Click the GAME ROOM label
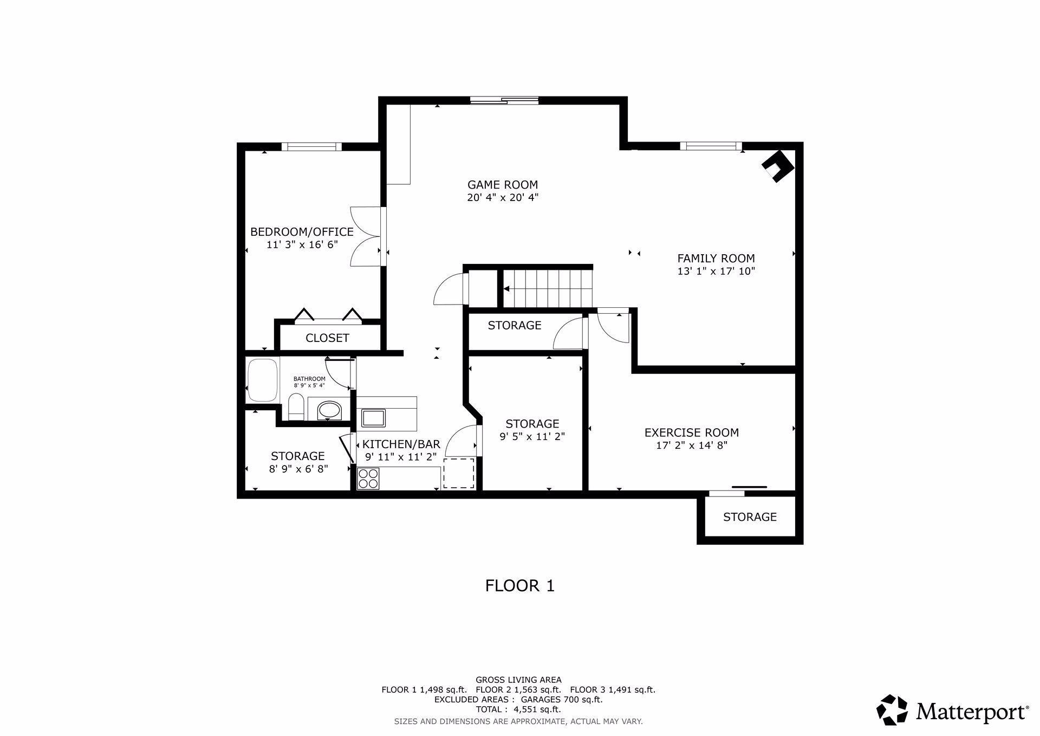[503, 185]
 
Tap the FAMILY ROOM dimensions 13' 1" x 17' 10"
[716, 271]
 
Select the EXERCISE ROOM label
[692, 432]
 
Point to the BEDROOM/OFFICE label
[302, 232]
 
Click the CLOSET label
[327, 338]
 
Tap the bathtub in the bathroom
[262, 380]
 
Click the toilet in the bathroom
[296, 408]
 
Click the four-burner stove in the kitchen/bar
[368, 479]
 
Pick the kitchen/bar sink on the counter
[374, 418]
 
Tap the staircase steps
[548, 289]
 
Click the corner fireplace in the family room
[778, 166]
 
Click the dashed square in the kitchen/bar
[459, 473]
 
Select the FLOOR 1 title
[520, 586]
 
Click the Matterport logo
[953, 709]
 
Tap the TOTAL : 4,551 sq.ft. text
[518, 709]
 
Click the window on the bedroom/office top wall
[311, 146]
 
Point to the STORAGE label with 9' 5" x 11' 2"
[532, 424]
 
